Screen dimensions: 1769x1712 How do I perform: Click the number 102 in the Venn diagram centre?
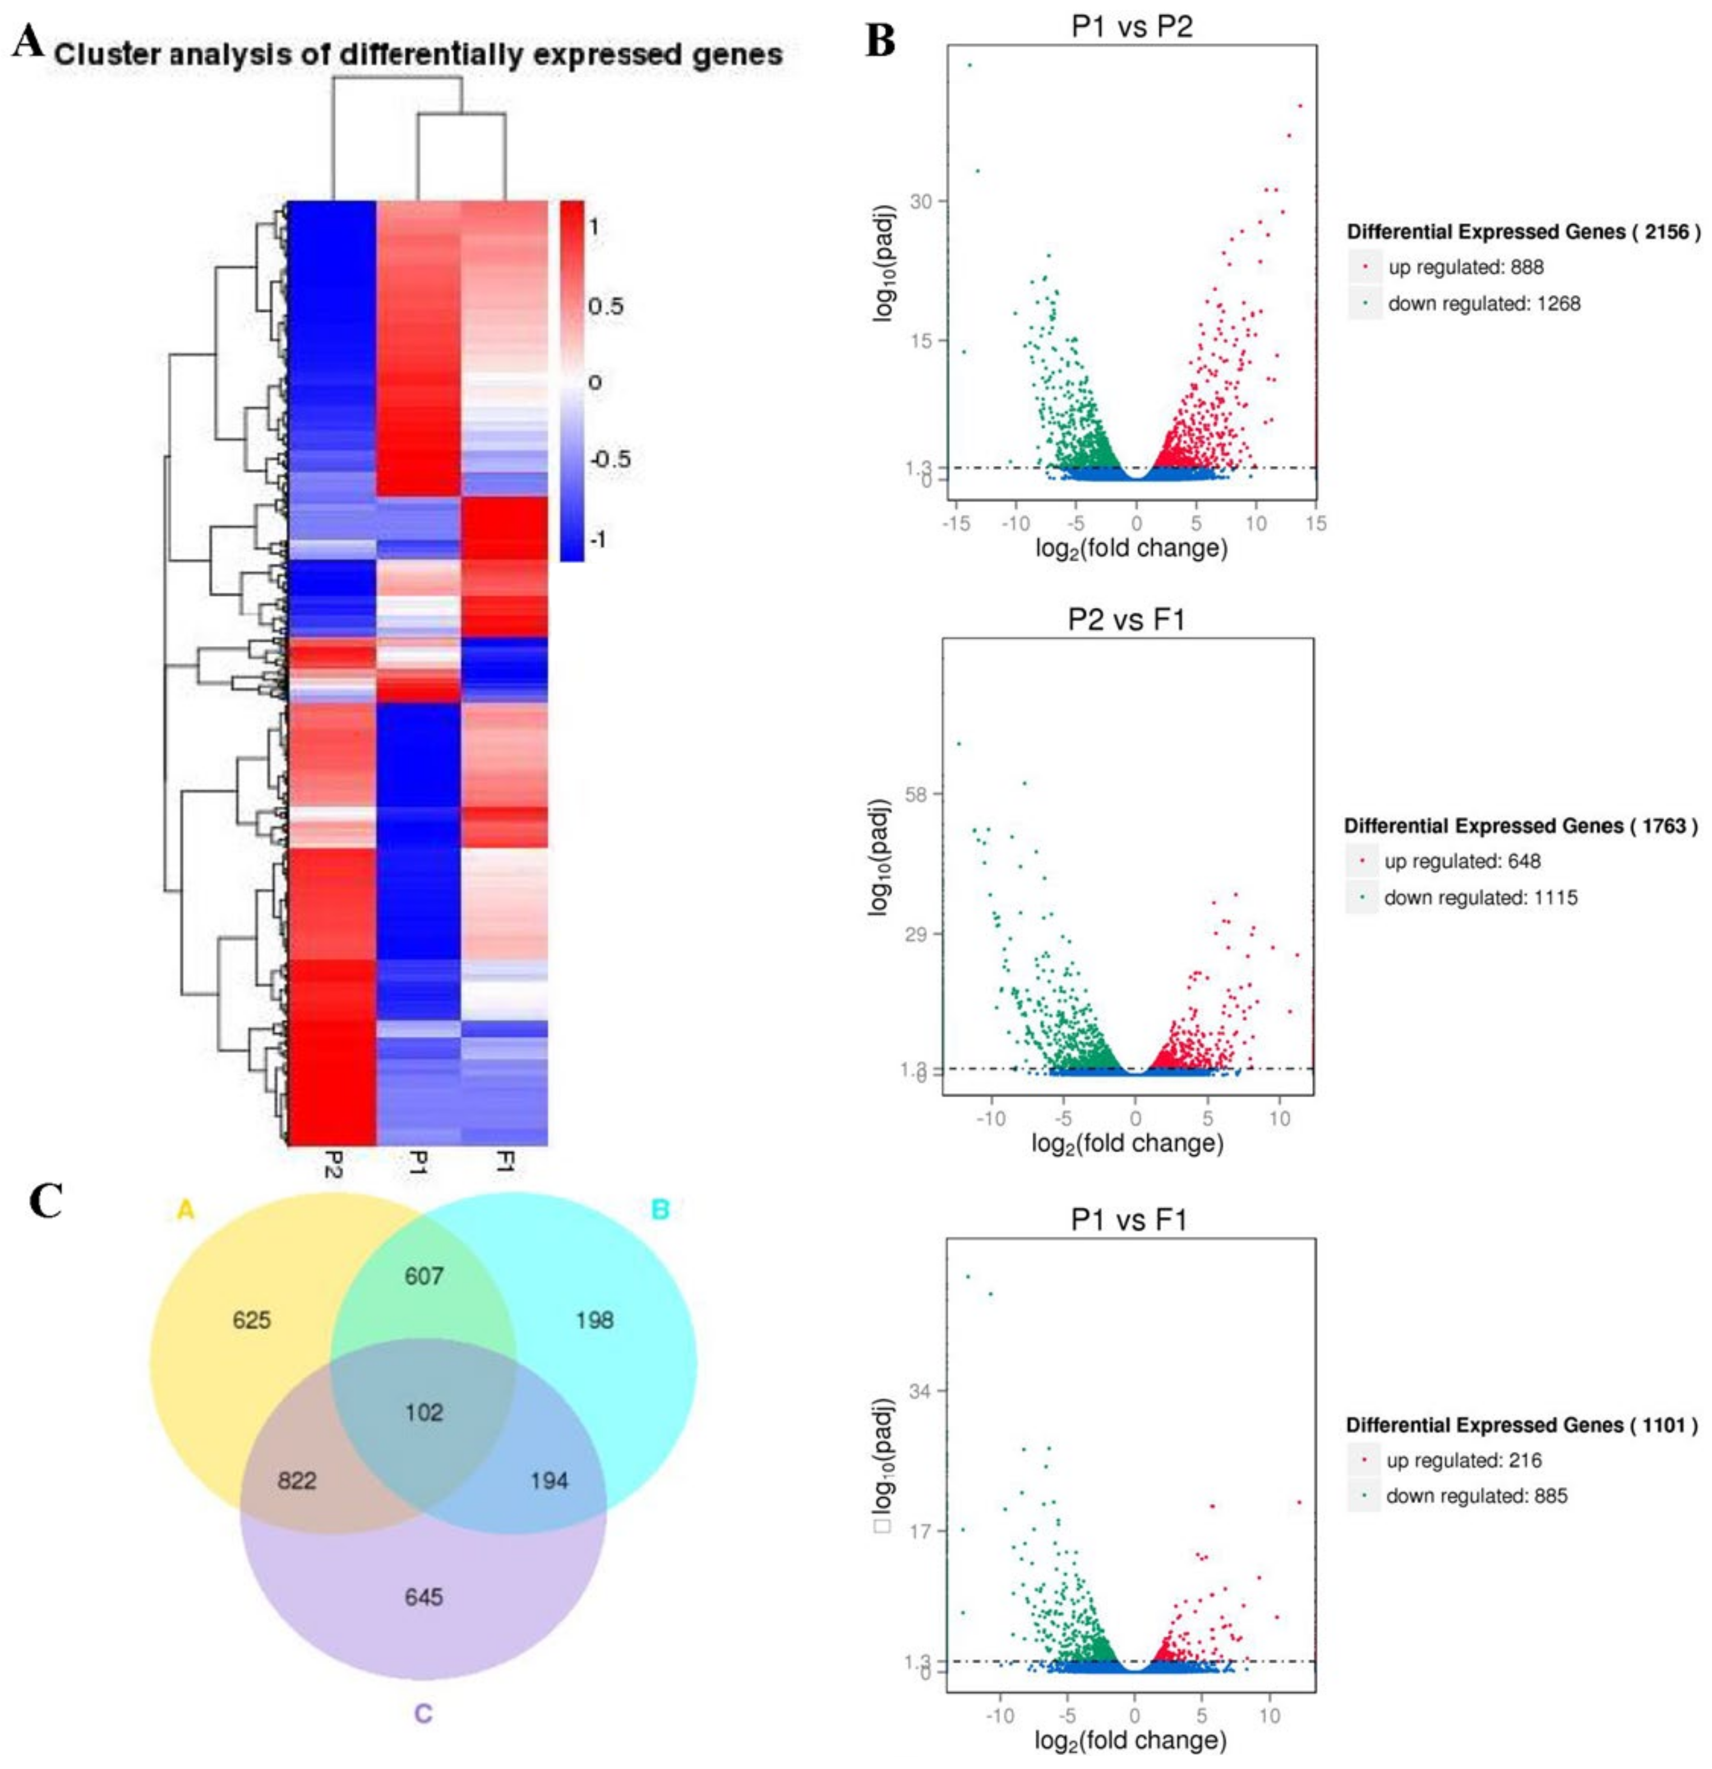click(x=423, y=1412)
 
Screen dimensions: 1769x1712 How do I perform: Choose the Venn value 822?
click(x=296, y=1481)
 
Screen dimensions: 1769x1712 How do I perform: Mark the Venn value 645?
click(x=423, y=1597)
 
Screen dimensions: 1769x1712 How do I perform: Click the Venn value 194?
click(x=549, y=1481)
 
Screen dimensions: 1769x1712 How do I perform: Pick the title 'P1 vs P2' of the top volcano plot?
click(x=1131, y=26)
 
